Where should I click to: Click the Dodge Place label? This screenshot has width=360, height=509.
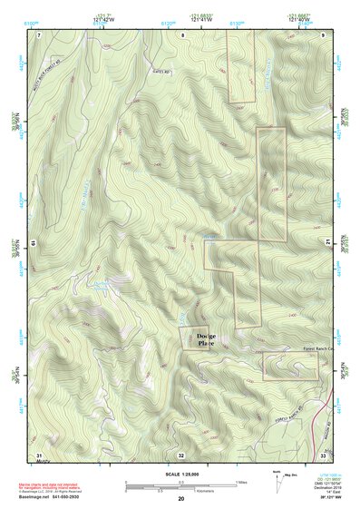pyautogui.click(x=206, y=340)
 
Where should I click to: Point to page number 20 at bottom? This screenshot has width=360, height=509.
pyautogui.click(x=181, y=499)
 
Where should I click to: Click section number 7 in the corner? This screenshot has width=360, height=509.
pyautogui.click(x=38, y=34)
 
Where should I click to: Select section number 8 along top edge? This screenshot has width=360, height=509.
pyautogui.click(x=181, y=34)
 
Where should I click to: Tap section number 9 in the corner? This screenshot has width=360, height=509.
pyautogui.click(x=324, y=34)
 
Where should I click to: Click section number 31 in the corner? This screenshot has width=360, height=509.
pyautogui.click(x=38, y=454)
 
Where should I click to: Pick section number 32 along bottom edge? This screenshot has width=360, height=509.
pyautogui.click(x=181, y=455)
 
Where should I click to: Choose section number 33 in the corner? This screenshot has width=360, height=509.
pyautogui.click(x=323, y=455)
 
